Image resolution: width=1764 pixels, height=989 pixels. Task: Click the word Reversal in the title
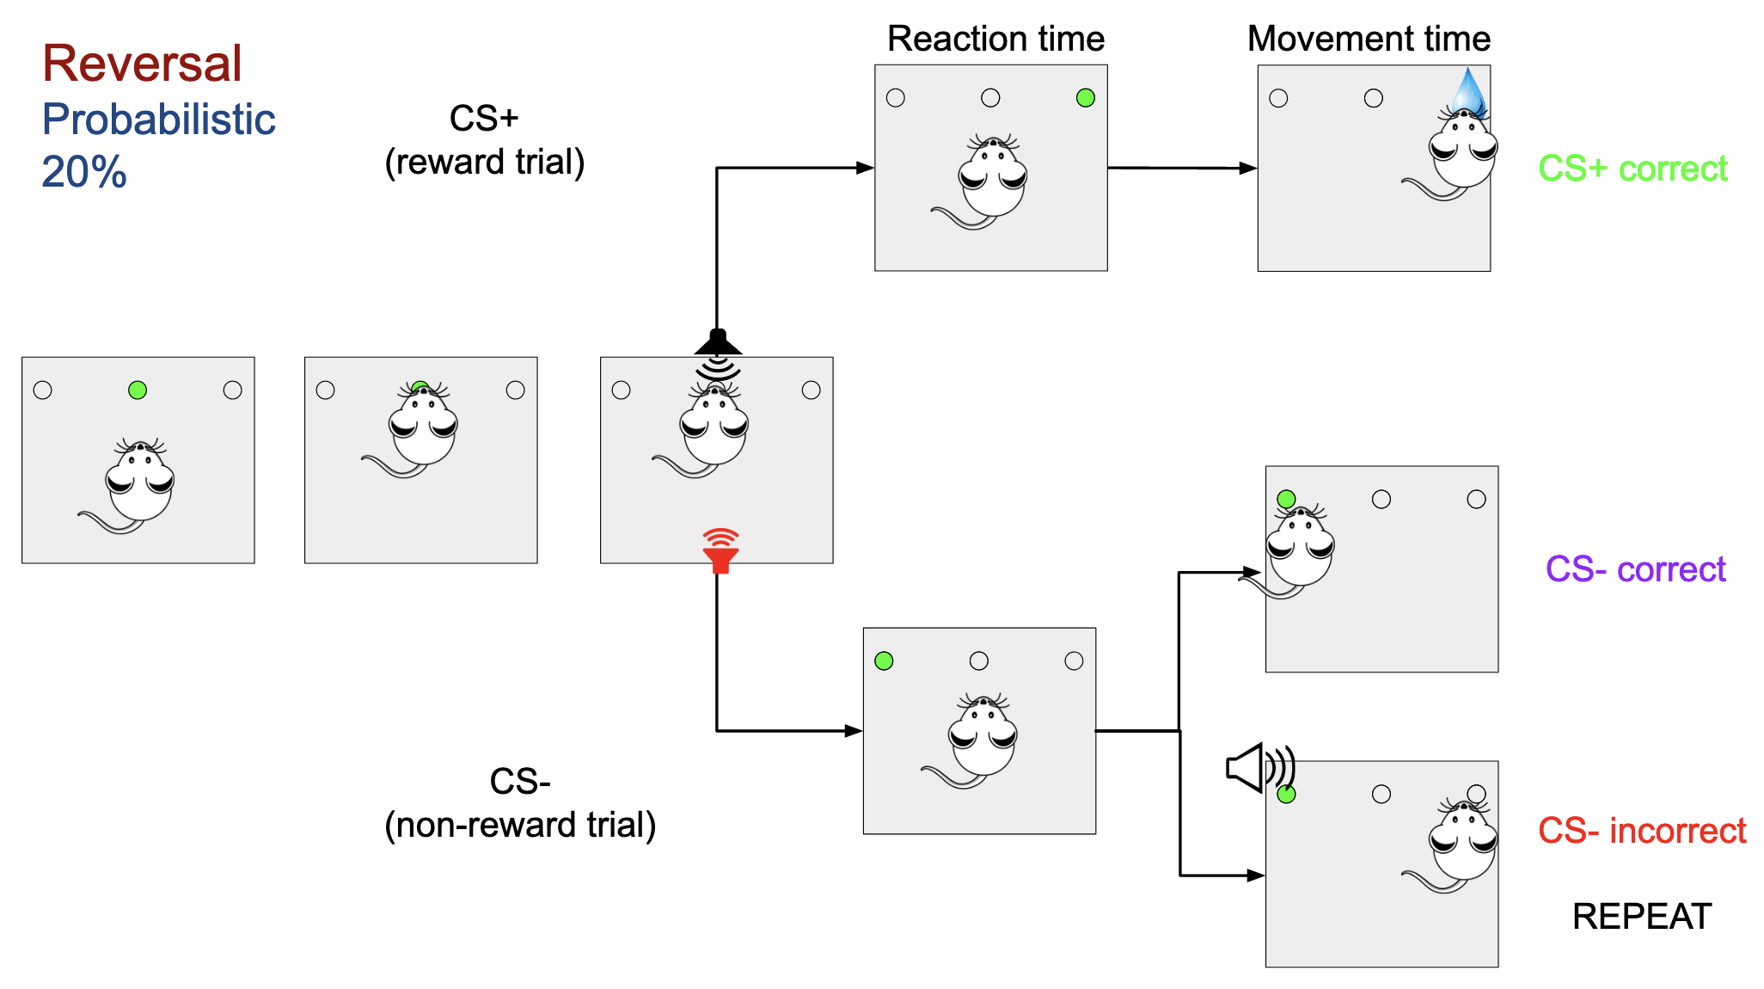[142, 64]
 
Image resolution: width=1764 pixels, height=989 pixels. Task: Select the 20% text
[84, 172]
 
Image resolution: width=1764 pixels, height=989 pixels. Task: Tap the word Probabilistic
[158, 120]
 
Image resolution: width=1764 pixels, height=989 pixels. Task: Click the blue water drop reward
[1468, 93]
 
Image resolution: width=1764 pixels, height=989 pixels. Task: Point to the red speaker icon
[720, 550]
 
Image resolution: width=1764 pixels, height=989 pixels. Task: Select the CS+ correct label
[1632, 169]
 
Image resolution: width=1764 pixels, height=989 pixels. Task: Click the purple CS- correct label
[1635, 569]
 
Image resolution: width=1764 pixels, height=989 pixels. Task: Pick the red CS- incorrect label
[1641, 831]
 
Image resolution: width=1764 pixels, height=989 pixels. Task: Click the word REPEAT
[1641, 917]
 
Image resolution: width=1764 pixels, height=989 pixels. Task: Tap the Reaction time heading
[995, 39]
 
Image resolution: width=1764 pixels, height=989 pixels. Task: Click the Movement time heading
[1369, 39]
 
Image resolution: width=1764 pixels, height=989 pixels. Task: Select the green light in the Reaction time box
[1086, 98]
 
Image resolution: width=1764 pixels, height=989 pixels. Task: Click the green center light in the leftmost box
[138, 390]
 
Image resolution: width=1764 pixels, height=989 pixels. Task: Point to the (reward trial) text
[484, 162]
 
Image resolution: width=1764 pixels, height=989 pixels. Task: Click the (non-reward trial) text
[520, 825]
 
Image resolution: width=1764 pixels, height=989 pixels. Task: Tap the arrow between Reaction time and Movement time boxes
[1182, 168]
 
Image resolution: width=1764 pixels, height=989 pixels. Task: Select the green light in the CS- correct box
[1286, 499]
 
